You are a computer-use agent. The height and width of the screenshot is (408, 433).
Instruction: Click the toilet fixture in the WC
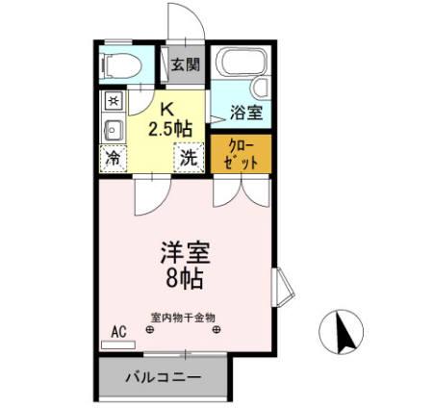[x=120, y=65]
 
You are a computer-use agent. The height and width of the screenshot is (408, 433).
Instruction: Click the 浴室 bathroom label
[x=245, y=113]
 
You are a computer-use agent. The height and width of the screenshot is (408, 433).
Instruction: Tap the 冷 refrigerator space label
[x=114, y=158]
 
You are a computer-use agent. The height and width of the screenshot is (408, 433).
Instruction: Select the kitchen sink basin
[x=112, y=129]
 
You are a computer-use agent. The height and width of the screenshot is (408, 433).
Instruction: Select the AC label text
[x=118, y=331]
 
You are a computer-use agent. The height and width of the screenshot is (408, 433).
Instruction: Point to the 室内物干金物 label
[x=183, y=317]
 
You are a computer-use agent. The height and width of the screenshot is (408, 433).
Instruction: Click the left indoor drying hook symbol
[x=149, y=331]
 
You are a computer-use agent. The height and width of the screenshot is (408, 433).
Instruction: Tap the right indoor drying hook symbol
[x=216, y=331]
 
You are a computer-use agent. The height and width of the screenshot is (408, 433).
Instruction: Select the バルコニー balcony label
[x=164, y=377]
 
